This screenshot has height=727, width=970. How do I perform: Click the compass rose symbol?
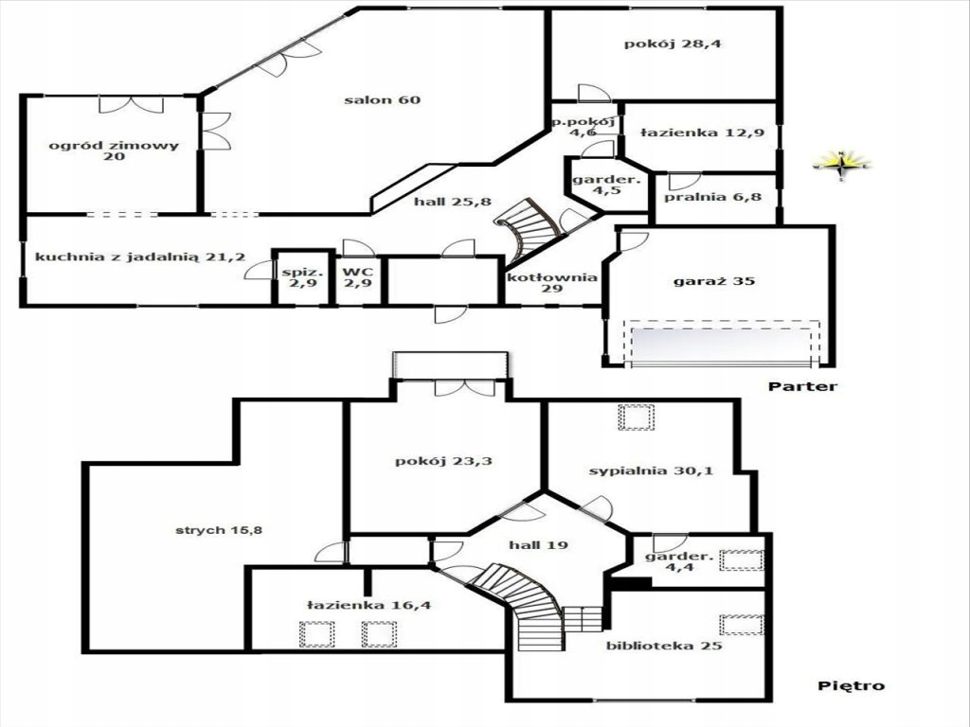[x=841, y=165]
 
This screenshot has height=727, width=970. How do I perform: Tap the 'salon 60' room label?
[x=383, y=100]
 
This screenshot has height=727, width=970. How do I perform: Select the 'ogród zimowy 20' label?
[x=114, y=151]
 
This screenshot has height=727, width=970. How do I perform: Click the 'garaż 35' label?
[x=713, y=280]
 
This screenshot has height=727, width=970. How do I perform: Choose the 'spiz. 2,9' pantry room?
[x=303, y=278]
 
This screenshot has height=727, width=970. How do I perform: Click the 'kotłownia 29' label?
[x=552, y=282]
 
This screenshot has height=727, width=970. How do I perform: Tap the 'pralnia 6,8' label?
[x=712, y=197]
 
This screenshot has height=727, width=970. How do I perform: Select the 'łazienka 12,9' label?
[x=702, y=133]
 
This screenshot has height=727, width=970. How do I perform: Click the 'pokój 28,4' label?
[x=673, y=44]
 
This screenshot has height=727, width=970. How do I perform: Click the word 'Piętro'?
[x=852, y=685]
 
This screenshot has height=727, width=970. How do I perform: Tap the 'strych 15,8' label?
[x=219, y=530]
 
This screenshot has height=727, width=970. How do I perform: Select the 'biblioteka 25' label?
[x=664, y=646]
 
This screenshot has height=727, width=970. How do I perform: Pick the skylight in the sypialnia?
[x=636, y=417]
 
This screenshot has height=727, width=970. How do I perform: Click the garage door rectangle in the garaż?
[x=721, y=344]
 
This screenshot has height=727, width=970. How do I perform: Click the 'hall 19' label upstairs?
[x=538, y=545]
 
